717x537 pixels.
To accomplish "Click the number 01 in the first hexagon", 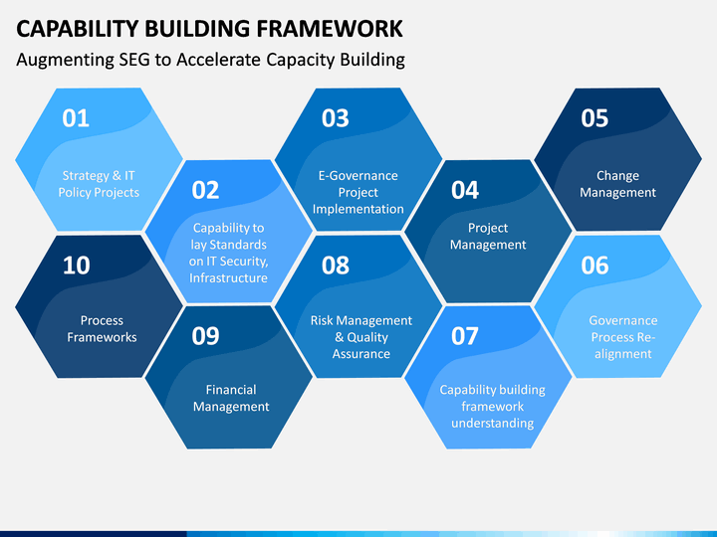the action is [76, 118].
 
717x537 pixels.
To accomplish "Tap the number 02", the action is [205, 190].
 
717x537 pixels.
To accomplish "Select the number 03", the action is [336, 118].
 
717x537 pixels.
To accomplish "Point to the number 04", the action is [465, 190].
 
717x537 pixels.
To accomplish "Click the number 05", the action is [595, 118].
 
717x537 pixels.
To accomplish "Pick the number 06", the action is [595, 266].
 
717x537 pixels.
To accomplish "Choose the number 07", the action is [465, 336].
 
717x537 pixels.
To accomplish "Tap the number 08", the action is [336, 266].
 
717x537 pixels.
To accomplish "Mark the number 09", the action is [205, 336].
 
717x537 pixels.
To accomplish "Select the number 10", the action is [76, 266].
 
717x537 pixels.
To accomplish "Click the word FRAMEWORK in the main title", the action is [330, 29].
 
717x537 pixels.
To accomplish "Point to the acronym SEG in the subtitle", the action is [134, 60].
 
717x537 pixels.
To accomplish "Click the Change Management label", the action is [617, 184].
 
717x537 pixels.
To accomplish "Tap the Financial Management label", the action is [231, 398].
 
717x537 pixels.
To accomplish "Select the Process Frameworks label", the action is [102, 329].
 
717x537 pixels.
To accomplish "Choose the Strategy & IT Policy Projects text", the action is [99, 184].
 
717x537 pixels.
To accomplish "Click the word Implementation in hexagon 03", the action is [358, 209].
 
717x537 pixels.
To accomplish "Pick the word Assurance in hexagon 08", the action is [361, 354].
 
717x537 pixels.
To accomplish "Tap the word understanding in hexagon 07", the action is [493, 424].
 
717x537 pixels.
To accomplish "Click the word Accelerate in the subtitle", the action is [218, 60].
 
